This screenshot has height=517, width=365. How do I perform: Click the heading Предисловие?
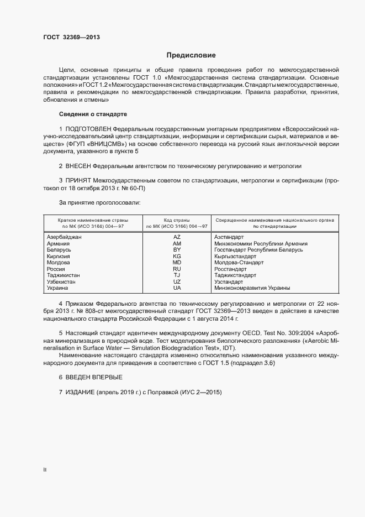(x=191, y=55)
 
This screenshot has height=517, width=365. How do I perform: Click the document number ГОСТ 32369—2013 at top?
(x=71, y=38)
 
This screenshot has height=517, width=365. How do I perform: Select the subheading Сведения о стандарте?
(x=93, y=114)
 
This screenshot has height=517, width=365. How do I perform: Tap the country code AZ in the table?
(x=177, y=237)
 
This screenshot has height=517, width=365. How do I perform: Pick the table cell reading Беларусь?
(x=59, y=250)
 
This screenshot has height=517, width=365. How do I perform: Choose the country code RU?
(x=177, y=269)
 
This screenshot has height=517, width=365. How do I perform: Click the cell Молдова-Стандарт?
(x=239, y=263)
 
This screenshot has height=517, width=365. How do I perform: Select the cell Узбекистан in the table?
(x=61, y=282)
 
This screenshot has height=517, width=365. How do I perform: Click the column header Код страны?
(x=177, y=220)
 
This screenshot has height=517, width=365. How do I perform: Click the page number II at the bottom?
(x=45, y=470)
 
